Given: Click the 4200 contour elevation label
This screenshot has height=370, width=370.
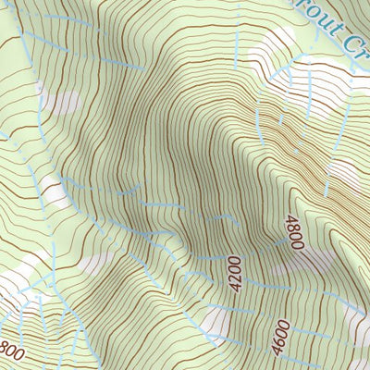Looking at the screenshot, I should coord(234,276).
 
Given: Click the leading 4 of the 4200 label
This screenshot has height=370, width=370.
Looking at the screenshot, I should coord(234,290).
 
